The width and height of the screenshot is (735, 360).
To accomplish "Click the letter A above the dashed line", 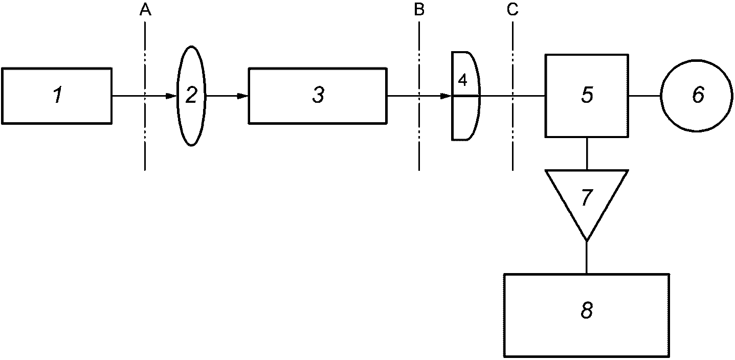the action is click(x=145, y=10).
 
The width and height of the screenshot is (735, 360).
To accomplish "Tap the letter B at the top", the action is click(x=419, y=10).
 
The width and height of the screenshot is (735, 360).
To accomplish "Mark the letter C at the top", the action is click(x=513, y=10).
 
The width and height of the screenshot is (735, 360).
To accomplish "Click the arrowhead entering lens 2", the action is click(x=171, y=96).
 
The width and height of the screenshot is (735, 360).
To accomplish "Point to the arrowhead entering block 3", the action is click(x=242, y=96).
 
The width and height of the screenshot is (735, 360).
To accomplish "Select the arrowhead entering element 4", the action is click(x=446, y=96).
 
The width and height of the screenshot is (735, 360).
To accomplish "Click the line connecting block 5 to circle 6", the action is click(x=644, y=96).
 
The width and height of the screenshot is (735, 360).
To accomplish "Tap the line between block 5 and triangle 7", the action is click(x=587, y=153).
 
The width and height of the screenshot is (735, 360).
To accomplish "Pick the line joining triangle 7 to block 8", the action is click(x=587, y=257).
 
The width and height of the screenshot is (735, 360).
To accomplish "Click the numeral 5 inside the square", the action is click(x=587, y=95).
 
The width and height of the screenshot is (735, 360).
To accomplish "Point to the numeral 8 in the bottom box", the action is click(x=587, y=310).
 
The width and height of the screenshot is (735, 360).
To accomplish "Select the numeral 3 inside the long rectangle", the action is click(x=318, y=95).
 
